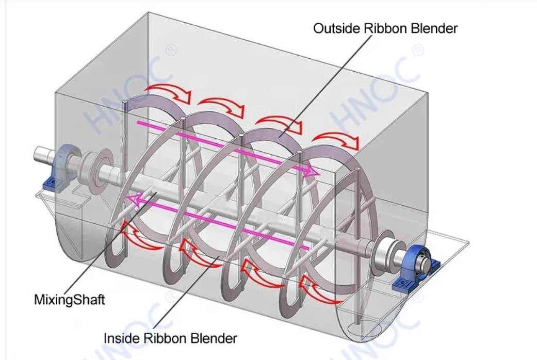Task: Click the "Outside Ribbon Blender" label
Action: click(x=385, y=28)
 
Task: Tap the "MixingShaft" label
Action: click(x=69, y=299)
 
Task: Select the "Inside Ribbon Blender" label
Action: click(x=170, y=338)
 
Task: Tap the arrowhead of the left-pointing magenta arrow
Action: click(x=132, y=200)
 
